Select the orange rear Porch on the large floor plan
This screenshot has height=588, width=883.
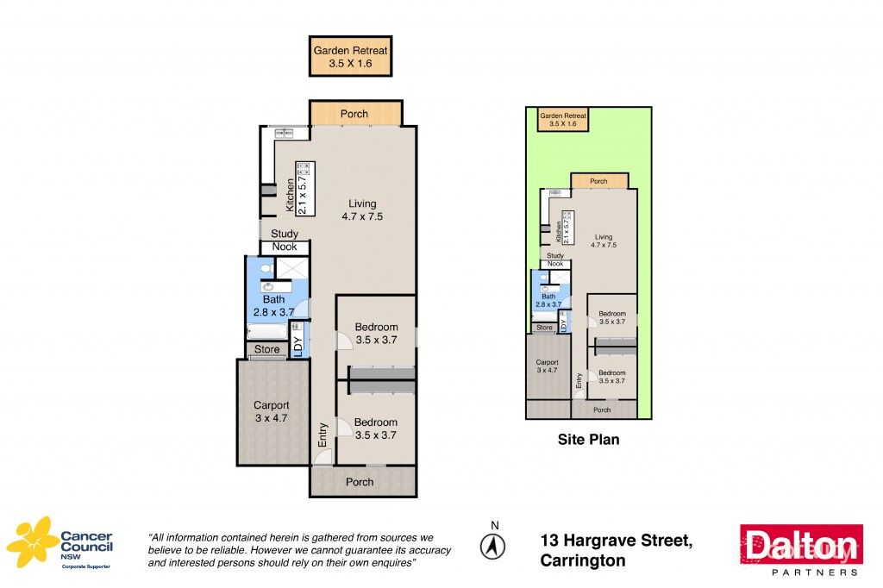point(354,114)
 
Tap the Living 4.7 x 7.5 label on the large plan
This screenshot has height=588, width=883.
point(361,210)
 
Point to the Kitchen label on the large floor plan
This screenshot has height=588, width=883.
point(291,195)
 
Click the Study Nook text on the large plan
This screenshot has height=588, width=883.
point(285,241)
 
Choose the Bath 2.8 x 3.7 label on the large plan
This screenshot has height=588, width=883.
point(273,306)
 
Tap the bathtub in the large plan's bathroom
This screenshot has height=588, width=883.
point(267,332)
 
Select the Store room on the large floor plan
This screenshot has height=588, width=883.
point(267,349)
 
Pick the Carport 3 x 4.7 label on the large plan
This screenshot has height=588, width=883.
point(271,411)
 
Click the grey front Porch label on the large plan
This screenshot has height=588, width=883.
point(360,481)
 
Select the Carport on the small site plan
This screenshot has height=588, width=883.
point(548,366)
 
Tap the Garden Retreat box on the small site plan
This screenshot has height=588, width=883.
point(562,119)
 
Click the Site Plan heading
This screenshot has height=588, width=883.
point(588,440)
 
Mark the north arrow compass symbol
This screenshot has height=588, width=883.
point(494,545)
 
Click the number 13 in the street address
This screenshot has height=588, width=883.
point(549,541)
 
